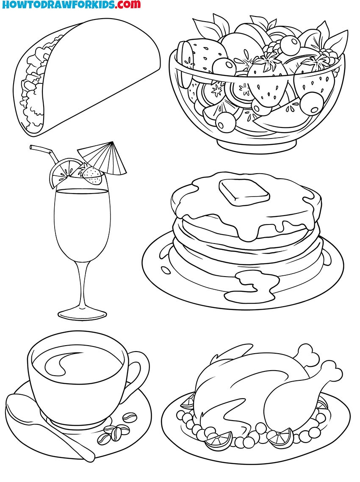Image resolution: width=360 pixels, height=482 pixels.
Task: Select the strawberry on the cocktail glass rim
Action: point(93,175)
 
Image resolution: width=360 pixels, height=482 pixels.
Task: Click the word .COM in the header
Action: point(127,5)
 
